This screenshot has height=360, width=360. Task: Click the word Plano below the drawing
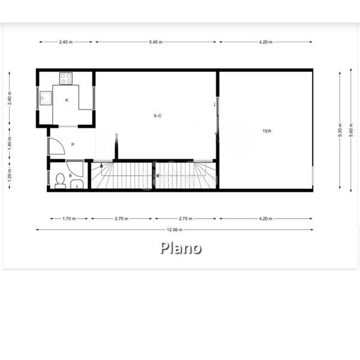pyautogui.click(x=181, y=248)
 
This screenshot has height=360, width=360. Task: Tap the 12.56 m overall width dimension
pyautogui.click(x=173, y=229)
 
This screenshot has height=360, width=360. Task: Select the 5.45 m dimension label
pyautogui.click(x=156, y=42)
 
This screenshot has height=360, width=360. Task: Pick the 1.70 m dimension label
pyautogui.click(x=69, y=219)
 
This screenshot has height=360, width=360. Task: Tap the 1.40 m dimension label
pyautogui.click(x=10, y=144)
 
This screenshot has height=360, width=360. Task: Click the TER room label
pyautogui.click(x=266, y=130)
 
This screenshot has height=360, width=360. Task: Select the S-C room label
pyautogui.click(x=157, y=115)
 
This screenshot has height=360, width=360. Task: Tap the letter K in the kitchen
pyautogui.click(x=67, y=100)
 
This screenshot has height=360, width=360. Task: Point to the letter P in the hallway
pyautogui.click(x=73, y=145)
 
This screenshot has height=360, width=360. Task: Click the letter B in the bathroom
pyautogui.click(x=70, y=175)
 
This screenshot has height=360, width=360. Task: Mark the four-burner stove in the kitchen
pyautogui.click(x=66, y=78)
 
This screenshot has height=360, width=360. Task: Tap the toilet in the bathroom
pyautogui.click(x=60, y=181)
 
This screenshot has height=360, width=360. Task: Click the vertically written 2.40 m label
pyautogui.click(x=10, y=98)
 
